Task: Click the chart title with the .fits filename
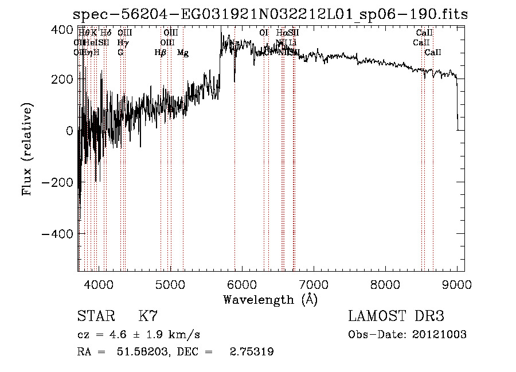271,15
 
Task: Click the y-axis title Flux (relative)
27,149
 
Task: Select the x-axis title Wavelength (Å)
271,299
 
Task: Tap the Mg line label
183,53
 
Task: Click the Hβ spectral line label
161,53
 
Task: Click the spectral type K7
148,316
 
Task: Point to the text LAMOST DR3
396,316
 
